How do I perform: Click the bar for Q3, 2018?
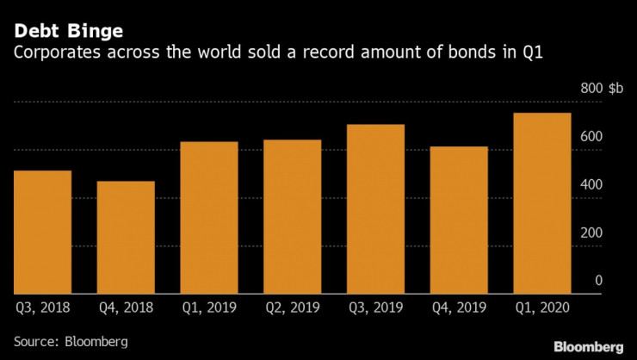[x=42, y=233]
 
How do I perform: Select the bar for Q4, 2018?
[x=126, y=238]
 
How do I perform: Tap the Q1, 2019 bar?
[x=209, y=218]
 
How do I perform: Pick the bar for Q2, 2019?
[x=293, y=217]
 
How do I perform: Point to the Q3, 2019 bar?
[x=375, y=209]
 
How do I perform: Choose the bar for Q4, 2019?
[x=459, y=220]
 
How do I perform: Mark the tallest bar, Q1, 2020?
[x=542, y=203]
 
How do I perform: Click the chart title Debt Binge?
[x=67, y=32]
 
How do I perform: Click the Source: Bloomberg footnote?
[x=71, y=341]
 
